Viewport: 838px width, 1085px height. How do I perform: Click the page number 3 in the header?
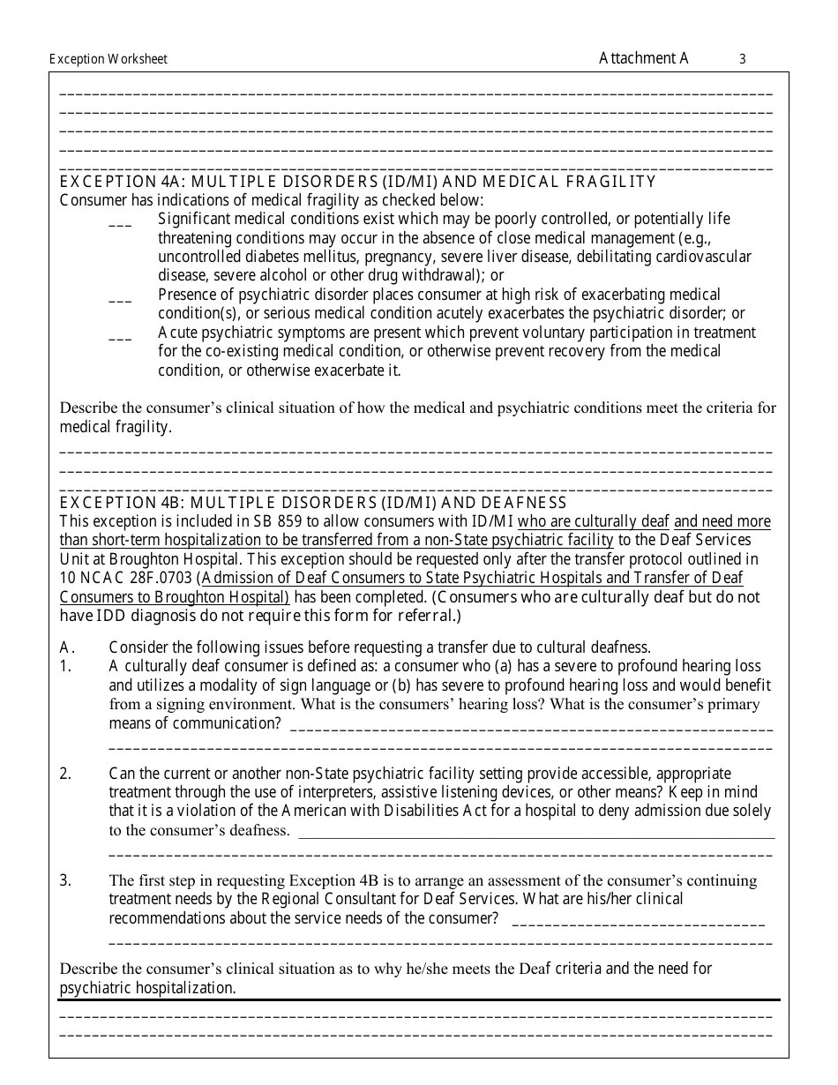point(742,60)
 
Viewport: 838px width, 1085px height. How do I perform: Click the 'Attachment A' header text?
point(643,58)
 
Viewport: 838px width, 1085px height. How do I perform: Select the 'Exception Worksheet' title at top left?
point(108,60)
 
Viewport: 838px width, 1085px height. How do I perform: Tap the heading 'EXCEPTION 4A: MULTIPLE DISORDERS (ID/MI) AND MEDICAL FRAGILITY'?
point(357,182)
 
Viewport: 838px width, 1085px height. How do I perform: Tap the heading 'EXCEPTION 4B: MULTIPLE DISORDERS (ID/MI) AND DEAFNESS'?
point(313,503)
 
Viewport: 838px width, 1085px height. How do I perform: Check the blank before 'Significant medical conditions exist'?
point(120,225)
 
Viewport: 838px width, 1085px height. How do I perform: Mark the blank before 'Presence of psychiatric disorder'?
point(120,301)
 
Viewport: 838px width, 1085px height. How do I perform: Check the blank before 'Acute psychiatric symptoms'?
point(120,339)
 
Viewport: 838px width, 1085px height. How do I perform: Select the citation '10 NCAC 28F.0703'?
point(126,579)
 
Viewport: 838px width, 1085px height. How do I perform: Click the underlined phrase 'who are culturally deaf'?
point(594,521)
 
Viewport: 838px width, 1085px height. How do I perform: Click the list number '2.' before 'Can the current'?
point(65,774)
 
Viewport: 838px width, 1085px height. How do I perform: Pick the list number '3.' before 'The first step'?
point(65,880)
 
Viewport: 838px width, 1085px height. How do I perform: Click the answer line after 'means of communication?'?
point(529,730)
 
